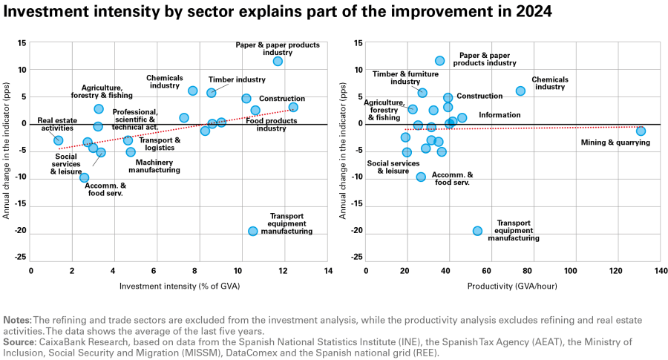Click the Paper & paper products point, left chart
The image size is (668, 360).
(278, 62)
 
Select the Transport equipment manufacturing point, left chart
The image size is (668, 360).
(252, 231)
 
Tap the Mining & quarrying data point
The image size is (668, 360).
(641, 131)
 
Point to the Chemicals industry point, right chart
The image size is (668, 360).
(520, 91)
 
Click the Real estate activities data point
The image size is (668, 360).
(59, 140)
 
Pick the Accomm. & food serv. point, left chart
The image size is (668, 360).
(85, 177)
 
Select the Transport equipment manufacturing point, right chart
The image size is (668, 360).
(477, 231)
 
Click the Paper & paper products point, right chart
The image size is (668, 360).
(439, 61)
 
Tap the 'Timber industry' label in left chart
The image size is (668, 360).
(237, 79)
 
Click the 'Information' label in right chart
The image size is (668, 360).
(500, 115)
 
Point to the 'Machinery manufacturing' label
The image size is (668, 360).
(154, 166)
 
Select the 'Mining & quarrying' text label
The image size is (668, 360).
(615, 143)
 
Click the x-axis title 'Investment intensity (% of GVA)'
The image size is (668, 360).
(180, 286)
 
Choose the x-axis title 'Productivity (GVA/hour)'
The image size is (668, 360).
(512, 286)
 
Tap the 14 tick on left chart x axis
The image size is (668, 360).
(327, 270)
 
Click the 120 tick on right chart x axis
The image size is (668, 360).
(615, 270)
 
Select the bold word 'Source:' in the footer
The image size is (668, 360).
(19, 342)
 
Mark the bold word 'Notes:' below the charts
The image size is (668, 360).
(18, 320)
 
